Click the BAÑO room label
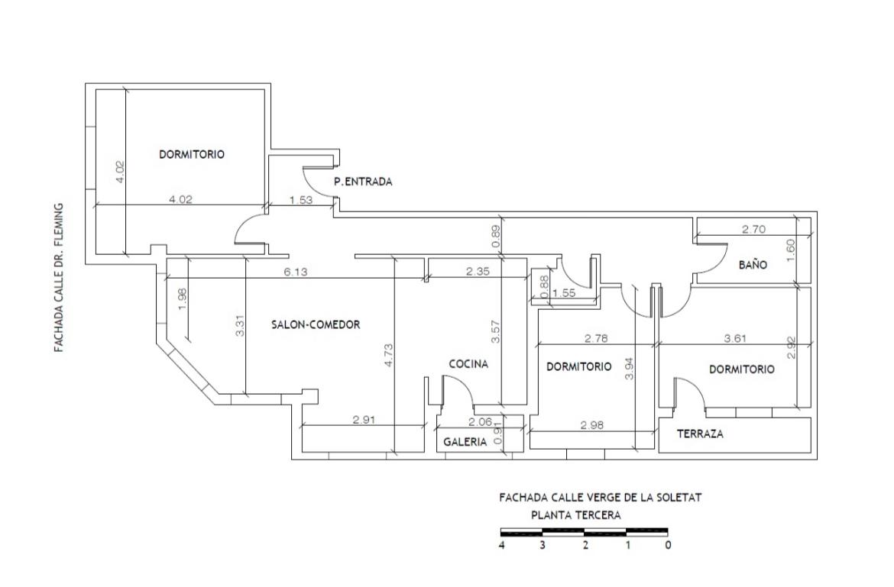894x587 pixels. [x=753, y=265]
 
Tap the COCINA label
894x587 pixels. [x=468, y=364]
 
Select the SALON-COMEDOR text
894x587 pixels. [x=316, y=324]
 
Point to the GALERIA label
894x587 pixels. [x=465, y=442]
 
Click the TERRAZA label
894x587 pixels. [x=700, y=434]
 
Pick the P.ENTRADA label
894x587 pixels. [x=363, y=182]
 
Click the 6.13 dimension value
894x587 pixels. [x=296, y=273]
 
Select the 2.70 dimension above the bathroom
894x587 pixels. [x=753, y=230]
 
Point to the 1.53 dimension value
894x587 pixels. [x=301, y=200]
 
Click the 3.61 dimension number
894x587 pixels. [x=736, y=338]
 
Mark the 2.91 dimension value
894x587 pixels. [x=364, y=420]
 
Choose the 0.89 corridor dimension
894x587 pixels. [x=495, y=237]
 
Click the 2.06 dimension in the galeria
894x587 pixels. [x=480, y=422]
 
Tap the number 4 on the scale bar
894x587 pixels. [x=502, y=545]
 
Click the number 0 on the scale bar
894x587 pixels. [x=669, y=545]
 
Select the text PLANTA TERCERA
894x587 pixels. [x=576, y=515]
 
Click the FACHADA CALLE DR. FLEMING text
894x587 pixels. [x=59, y=278]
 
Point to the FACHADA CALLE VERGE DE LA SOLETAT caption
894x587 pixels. [x=601, y=497]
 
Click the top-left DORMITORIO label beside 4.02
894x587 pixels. [x=192, y=154]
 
